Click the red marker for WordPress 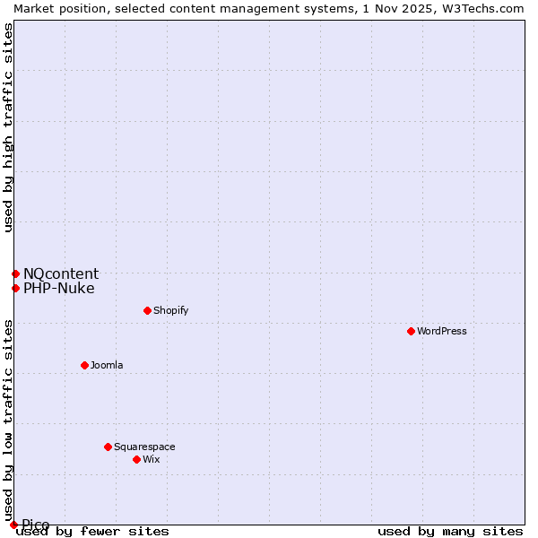click(411, 331)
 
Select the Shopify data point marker click(147, 310)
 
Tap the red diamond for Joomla click(84, 365)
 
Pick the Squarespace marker click(108, 447)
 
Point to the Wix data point click(136, 459)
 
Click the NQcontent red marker click(15, 273)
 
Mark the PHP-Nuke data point click(15, 288)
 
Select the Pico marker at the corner click(13, 525)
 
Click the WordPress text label click(442, 331)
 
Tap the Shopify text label click(170, 310)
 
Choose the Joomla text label click(107, 365)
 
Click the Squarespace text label click(144, 447)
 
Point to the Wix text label click(151, 459)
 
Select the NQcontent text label click(61, 273)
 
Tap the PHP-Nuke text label click(59, 288)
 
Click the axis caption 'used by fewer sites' click(92, 531)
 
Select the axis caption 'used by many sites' click(450, 531)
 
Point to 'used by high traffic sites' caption click(8, 127)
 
